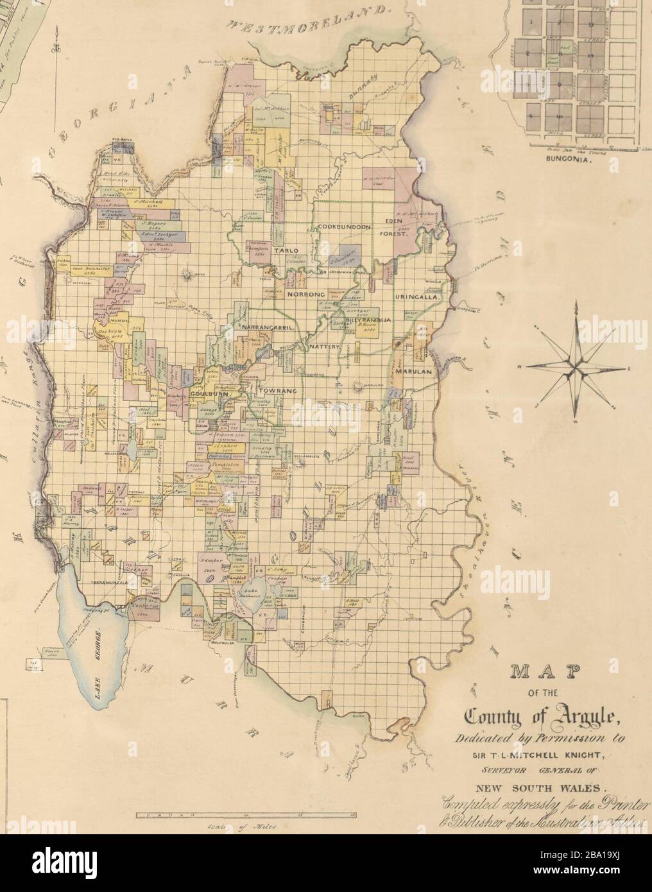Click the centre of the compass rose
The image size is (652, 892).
click(577, 368)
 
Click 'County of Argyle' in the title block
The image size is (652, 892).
click(551, 714)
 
